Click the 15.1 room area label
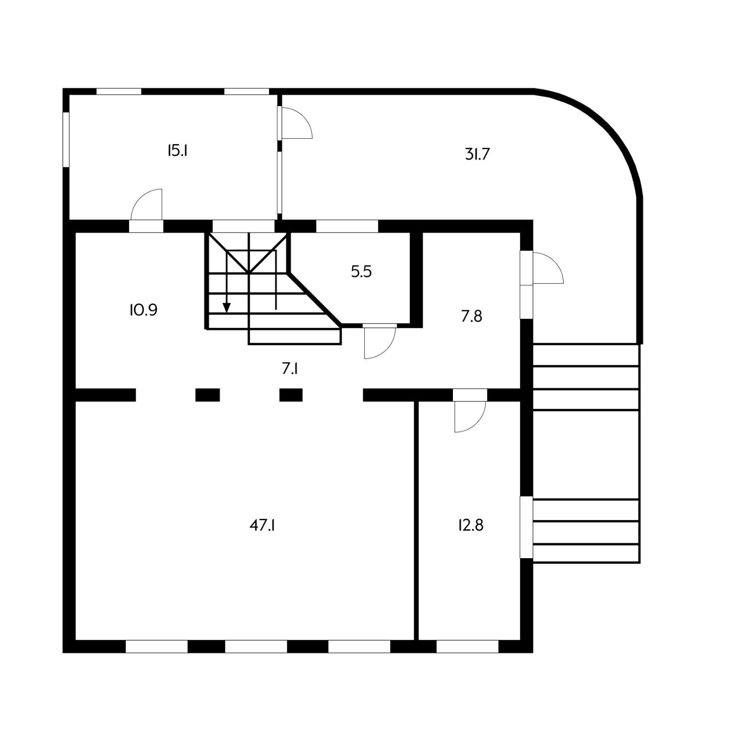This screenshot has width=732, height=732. [178, 151]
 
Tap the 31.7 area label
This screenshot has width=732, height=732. [477, 154]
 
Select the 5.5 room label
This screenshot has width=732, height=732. [361, 272]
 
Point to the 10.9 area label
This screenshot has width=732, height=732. [143, 310]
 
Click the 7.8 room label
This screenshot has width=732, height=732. [471, 316]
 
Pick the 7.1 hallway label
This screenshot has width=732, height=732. [290, 368]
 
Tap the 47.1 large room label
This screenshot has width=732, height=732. [262, 525]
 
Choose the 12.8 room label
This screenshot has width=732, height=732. [470, 525]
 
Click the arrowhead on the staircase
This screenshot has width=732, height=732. [226, 308]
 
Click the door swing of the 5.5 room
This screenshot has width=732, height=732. [381, 343]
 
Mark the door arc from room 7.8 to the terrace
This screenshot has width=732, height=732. [548, 268]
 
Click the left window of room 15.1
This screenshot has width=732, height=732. [66, 140]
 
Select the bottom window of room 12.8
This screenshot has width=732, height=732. [467, 646]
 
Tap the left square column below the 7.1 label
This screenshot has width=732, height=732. [208, 395]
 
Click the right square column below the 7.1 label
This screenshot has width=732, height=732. [291, 395]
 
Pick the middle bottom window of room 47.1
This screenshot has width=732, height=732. [256, 646]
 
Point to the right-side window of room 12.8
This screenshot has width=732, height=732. [527, 527]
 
